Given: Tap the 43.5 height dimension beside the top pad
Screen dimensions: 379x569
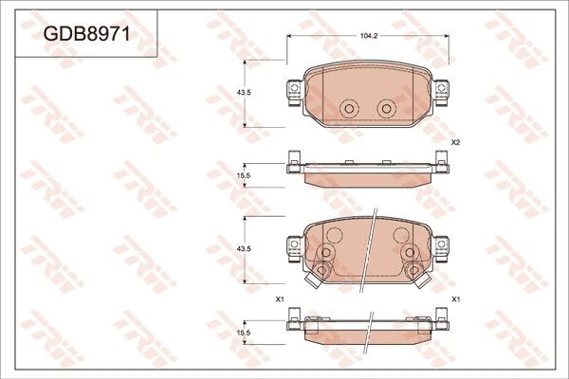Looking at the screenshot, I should (x=243, y=92).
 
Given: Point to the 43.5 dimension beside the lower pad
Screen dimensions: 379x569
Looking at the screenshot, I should (x=243, y=248).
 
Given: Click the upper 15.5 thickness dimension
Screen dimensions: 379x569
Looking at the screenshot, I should (x=243, y=175).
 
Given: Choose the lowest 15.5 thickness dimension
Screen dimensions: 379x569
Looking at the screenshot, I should (x=243, y=332).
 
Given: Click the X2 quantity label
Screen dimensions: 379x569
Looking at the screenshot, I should (x=455, y=142).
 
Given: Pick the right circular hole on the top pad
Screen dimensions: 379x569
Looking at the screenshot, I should (x=385, y=109).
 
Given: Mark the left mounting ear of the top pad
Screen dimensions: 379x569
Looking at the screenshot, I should (x=291, y=90).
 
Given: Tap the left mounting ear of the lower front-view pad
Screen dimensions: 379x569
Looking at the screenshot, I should (x=291, y=247).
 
